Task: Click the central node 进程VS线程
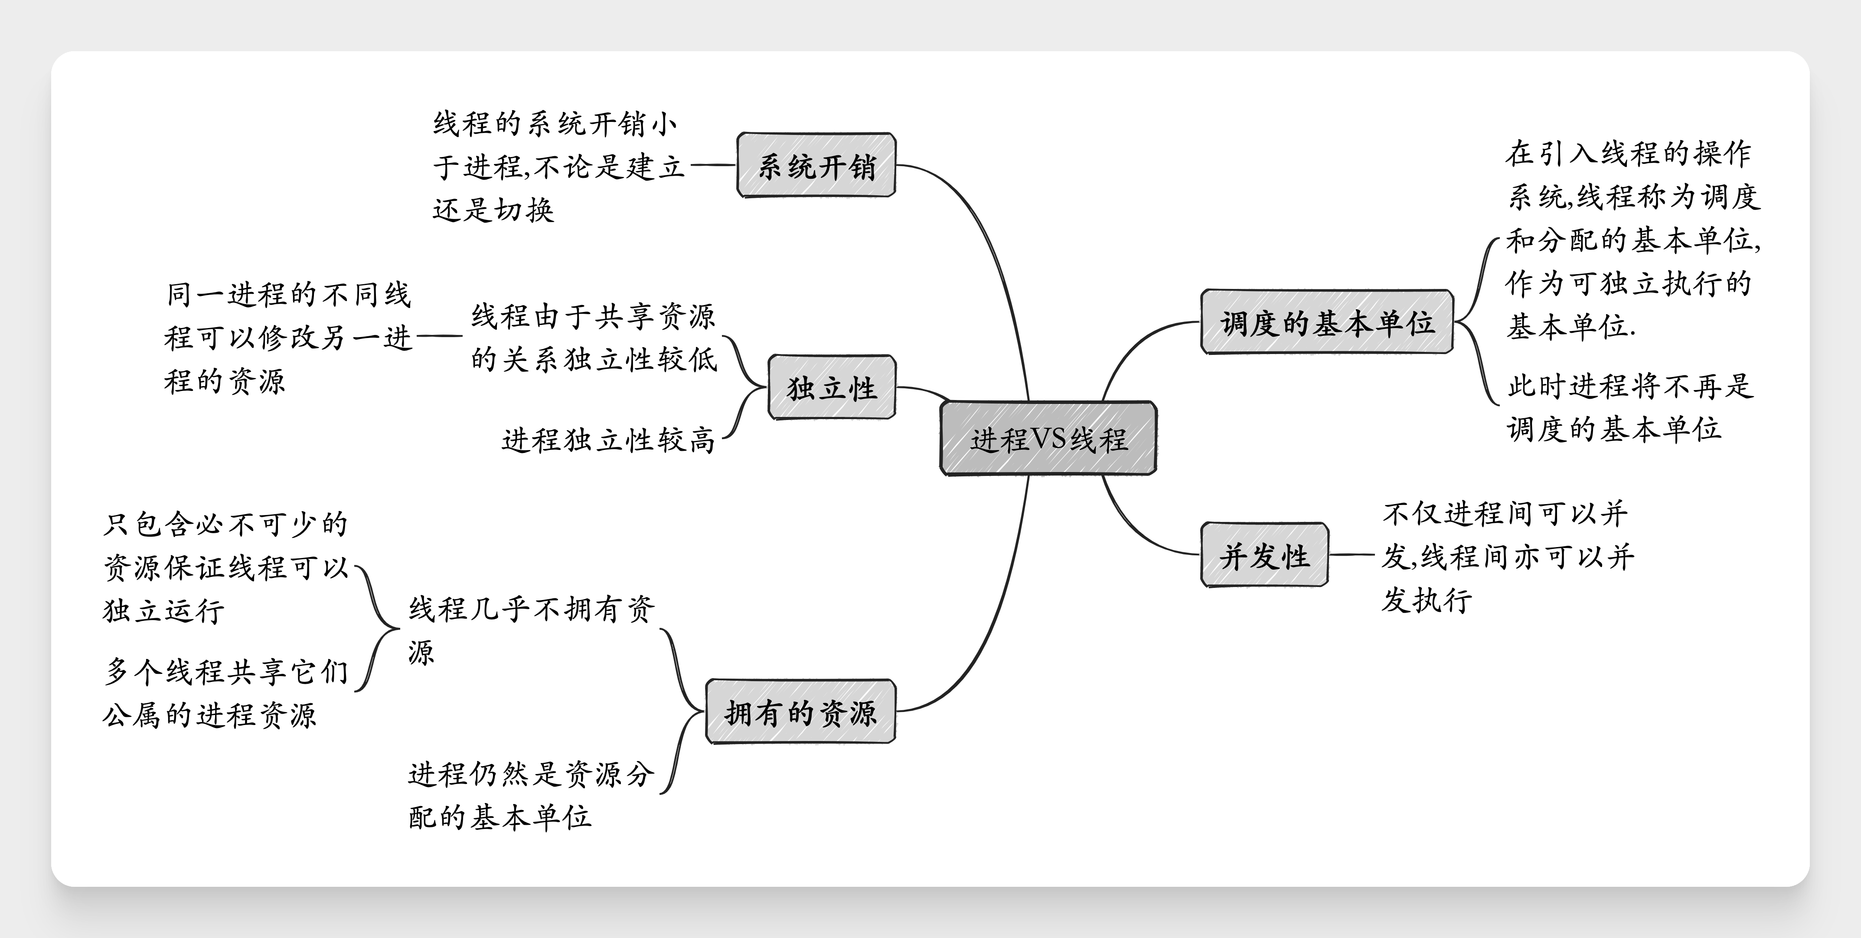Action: point(1048,438)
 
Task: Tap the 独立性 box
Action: point(832,387)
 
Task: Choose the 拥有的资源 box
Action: point(800,712)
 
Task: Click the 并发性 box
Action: point(1264,555)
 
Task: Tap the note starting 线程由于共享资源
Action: point(594,338)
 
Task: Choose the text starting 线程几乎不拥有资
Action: point(532,630)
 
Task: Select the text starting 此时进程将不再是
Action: point(1630,407)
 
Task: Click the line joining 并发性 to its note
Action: point(1352,555)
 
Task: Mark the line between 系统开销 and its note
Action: point(713,165)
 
